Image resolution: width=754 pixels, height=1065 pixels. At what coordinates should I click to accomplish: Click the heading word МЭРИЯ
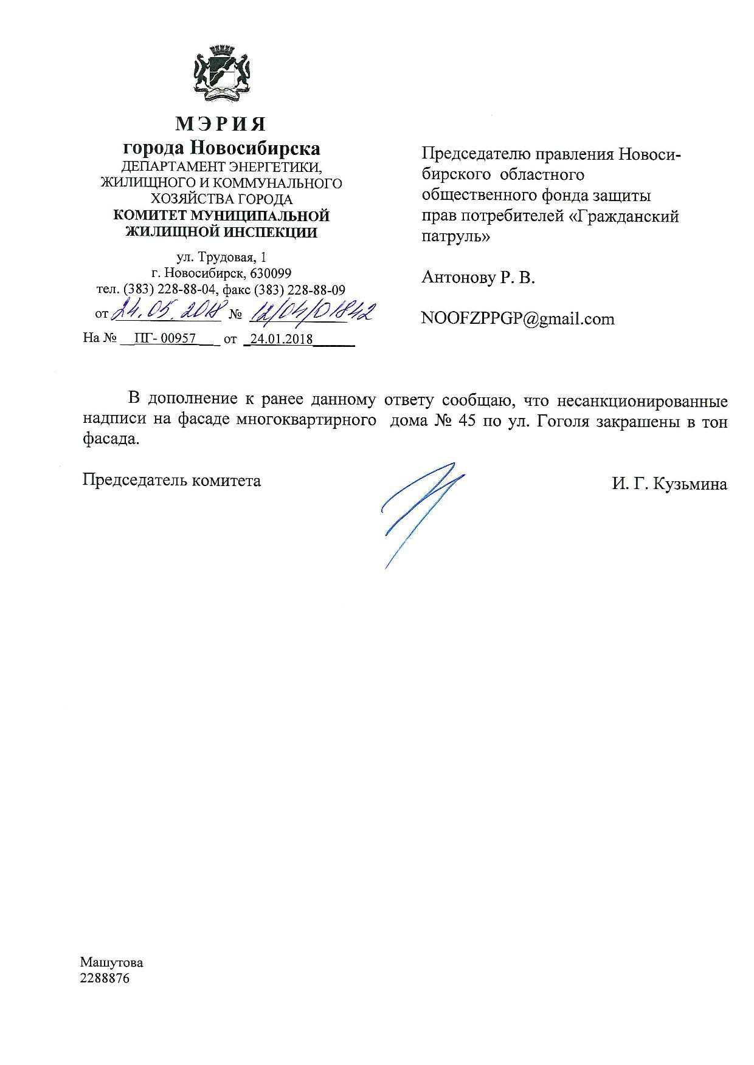[x=221, y=124]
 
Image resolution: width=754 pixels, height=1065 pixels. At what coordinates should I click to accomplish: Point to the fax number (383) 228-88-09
[x=299, y=290]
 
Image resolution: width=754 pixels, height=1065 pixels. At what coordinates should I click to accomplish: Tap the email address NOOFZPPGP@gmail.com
[x=517, y=319]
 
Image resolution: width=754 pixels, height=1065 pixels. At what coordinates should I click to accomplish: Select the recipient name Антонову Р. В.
[x=478, y=278]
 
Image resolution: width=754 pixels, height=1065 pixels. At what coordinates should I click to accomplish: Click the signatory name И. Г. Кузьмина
[x=669, y=484]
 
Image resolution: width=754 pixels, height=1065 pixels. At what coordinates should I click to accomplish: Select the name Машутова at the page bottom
[x=112, y=962]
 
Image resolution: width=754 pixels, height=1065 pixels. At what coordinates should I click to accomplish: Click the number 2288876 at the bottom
[x=105, y=978]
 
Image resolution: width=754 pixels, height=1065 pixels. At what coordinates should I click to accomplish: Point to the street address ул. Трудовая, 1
[x=221, y=258]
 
